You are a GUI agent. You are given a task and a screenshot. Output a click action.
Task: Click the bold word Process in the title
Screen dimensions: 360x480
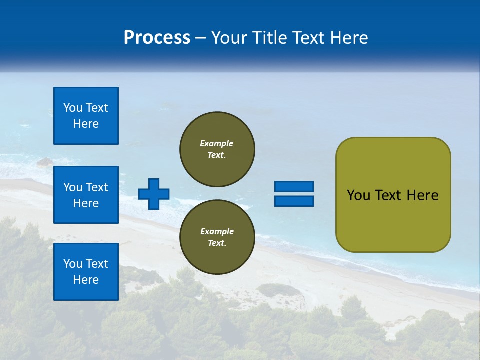coord(157,38)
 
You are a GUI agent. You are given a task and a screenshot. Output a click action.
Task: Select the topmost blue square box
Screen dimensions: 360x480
coord(86,116)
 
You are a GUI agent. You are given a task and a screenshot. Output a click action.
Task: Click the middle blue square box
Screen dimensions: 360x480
coord(86,195)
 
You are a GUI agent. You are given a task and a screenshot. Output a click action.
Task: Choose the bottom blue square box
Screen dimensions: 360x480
coord(86,272)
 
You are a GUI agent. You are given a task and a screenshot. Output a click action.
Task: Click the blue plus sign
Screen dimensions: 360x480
coord(154,194)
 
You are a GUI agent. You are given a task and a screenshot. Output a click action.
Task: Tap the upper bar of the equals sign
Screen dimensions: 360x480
coord(294,186)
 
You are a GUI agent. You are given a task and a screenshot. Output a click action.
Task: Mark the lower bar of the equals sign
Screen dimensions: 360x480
coord(294,201)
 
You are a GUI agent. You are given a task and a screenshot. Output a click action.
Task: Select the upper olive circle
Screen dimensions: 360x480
coord(217,149)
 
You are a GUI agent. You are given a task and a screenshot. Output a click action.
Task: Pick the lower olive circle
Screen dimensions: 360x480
coord(217,237)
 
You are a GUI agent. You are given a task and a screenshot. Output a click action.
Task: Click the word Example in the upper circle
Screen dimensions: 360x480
coord(217,143)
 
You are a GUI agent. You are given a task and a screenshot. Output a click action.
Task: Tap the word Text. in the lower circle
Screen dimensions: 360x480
coord(217,243)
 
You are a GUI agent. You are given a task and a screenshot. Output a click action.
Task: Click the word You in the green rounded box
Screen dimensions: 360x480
coord(358,195)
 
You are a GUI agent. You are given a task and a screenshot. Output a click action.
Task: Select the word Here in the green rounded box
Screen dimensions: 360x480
coord(422,195)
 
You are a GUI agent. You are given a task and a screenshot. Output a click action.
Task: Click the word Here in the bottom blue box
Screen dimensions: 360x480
coord(86,280)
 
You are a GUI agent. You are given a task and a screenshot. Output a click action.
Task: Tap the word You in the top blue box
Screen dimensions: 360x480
coord(73,108)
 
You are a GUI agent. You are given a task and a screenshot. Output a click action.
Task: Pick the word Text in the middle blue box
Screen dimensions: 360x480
coord(96,187)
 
